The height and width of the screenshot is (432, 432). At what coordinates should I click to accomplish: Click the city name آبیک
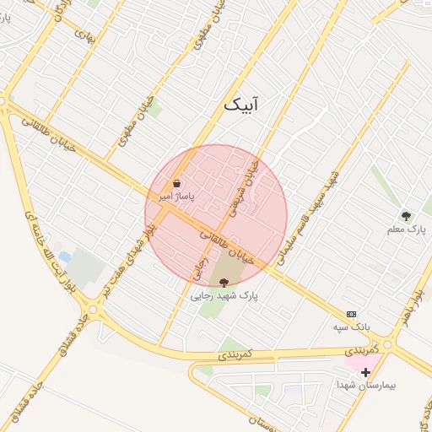point(244,105)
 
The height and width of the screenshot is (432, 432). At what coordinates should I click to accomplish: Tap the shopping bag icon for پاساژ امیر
point(176,183)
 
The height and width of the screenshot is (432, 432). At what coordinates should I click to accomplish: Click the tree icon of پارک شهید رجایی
point(223,283)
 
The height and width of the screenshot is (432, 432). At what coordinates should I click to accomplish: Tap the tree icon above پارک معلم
point(406,216)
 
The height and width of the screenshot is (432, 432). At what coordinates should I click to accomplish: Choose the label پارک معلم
point(407,229)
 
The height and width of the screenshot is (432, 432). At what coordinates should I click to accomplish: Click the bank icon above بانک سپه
point(351,313)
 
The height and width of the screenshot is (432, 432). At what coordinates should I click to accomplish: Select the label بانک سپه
point(351,326)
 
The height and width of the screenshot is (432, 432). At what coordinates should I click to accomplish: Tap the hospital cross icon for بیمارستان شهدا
point(365,371)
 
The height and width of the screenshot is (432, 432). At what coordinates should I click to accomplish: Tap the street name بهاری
point(85,34)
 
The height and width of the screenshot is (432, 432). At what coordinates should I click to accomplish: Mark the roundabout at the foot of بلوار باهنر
point(389,343)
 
